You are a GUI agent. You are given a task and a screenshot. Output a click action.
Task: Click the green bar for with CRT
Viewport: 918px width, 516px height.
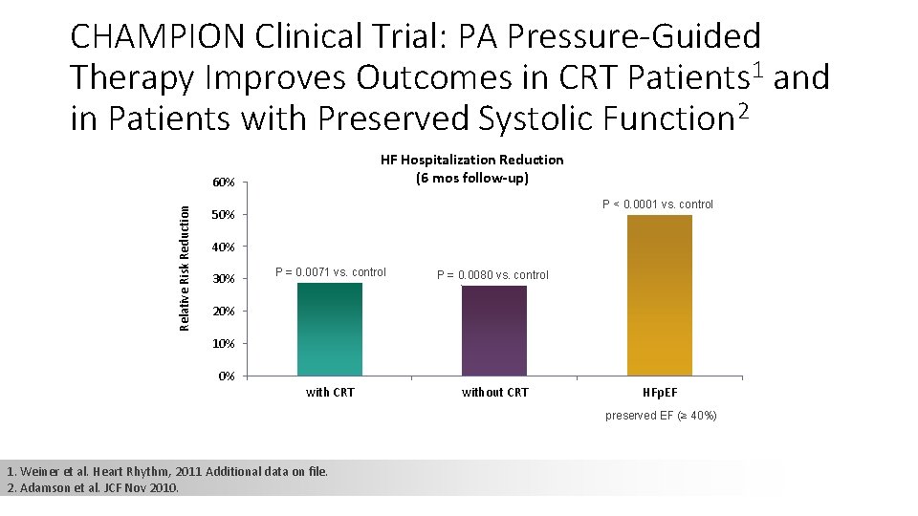click(x=330, y=330)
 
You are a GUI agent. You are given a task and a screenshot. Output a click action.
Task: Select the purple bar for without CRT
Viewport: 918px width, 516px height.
click(x=494, y=331)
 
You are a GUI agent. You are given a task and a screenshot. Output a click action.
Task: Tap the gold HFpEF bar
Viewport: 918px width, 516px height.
click(x=660, y=295)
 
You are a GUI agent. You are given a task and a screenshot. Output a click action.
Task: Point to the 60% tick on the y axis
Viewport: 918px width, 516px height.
click(x=224, y=183)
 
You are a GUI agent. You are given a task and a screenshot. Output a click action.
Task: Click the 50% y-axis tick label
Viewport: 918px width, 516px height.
click(x=224, y=215)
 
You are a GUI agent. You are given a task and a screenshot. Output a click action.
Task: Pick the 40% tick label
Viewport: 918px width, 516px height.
click(x=224, y=247)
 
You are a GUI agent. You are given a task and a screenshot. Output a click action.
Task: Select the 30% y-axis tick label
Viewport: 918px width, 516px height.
click(x=224, y=279)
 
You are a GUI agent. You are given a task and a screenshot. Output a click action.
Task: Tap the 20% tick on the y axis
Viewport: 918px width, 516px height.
click(x=224, y=312)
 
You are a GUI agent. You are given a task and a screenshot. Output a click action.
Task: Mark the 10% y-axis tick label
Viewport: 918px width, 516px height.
click(x=224, y=344)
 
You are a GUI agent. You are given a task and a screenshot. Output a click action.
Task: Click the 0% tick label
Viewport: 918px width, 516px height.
click(x=227, y=376)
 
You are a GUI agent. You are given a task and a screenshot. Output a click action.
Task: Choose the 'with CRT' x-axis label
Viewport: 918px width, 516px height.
click(x=330, y=392)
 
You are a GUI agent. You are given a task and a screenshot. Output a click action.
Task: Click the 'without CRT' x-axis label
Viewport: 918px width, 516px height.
click(x=494, y=392)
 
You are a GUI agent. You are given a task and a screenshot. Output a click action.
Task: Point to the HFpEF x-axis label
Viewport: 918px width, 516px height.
click(x=660, y=392)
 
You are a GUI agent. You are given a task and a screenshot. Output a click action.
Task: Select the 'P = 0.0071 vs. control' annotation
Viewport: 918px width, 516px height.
click(x=331, y=272)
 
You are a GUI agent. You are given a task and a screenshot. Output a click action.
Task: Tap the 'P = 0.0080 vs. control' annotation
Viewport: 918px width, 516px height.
click(x=493, y=275)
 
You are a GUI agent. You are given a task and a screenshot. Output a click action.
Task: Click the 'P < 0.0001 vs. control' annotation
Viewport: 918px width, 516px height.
click(x=657, y=204)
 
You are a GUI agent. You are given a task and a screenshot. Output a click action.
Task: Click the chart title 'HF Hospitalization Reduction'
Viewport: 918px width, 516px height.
click(x=471, y=160)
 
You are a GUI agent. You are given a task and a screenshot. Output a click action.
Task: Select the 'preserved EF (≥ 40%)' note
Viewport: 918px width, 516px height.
click(x=661, y=416)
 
